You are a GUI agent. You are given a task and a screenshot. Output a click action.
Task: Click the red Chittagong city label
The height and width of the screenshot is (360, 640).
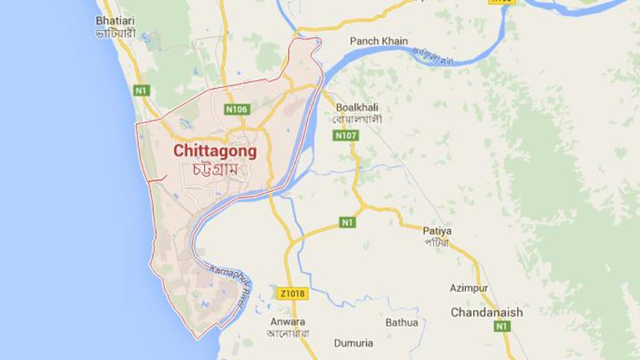215,151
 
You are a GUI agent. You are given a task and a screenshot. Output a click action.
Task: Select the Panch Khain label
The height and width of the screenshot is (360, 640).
375,42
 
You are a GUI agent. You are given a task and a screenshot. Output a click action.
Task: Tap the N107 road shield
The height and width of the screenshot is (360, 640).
347,136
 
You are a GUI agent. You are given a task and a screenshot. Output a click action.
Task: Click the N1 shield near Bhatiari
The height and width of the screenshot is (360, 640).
142,90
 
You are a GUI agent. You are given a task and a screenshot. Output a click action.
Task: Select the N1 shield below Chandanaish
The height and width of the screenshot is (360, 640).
502,326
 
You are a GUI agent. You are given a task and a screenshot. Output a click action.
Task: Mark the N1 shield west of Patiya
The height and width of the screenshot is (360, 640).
347,222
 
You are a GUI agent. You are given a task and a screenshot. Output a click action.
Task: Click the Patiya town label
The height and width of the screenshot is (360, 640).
438,231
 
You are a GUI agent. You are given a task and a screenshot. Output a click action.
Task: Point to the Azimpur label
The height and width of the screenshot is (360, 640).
468,288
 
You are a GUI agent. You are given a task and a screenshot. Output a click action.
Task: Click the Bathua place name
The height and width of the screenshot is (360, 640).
402,323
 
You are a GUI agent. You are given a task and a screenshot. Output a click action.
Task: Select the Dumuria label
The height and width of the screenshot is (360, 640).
352,344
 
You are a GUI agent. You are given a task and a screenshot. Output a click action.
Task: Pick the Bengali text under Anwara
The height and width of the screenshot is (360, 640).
288,333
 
